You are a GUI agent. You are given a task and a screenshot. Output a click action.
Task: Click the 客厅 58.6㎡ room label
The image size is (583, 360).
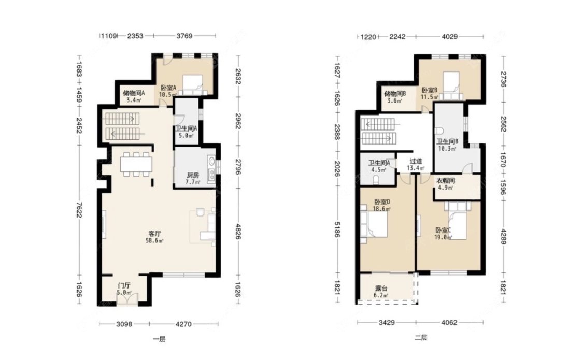click(x=154, y=237)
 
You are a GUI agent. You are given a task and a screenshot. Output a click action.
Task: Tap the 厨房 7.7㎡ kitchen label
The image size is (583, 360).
click(x=193, y=179)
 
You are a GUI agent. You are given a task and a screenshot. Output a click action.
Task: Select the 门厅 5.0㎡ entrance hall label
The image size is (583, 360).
click(x=124, y=289)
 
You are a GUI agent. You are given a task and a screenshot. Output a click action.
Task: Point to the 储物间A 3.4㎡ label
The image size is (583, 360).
click(x=134, y=96)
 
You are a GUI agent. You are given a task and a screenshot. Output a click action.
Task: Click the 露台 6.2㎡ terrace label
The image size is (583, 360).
click(x=381, y=292)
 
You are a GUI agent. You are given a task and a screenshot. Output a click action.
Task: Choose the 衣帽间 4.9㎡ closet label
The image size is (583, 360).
click(x=446, y=184)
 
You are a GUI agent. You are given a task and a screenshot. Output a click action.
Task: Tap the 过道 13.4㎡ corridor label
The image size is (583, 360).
click(x=416, y=165)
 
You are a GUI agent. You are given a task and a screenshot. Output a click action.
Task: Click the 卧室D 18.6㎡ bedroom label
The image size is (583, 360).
click(x=382, y=206)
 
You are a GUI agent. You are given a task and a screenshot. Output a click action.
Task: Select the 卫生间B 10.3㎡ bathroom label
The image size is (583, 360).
click(x=447, y=145)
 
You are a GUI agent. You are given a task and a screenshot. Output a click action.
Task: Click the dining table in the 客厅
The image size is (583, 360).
click(x=136, y=164)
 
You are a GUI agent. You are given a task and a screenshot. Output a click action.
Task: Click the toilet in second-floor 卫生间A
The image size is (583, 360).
click(x=376, y=180)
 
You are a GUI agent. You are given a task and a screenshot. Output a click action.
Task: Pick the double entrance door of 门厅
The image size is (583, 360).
click(x=127, y=299)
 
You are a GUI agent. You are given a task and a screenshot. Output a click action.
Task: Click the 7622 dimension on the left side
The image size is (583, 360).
click(x=78, y=209)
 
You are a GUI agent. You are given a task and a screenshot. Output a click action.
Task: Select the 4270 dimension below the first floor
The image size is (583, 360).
click(x=183, y=324)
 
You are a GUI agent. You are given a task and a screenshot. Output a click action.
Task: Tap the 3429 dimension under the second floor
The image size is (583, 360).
click(x=387, y=323)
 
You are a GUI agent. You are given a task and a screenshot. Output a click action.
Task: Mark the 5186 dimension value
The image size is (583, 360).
click(x=337, y=229)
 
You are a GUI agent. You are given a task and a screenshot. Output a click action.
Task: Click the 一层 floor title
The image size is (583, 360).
click(x=159, y=339)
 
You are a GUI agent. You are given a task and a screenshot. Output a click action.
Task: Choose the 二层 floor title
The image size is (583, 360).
click(x=421, y=338)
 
